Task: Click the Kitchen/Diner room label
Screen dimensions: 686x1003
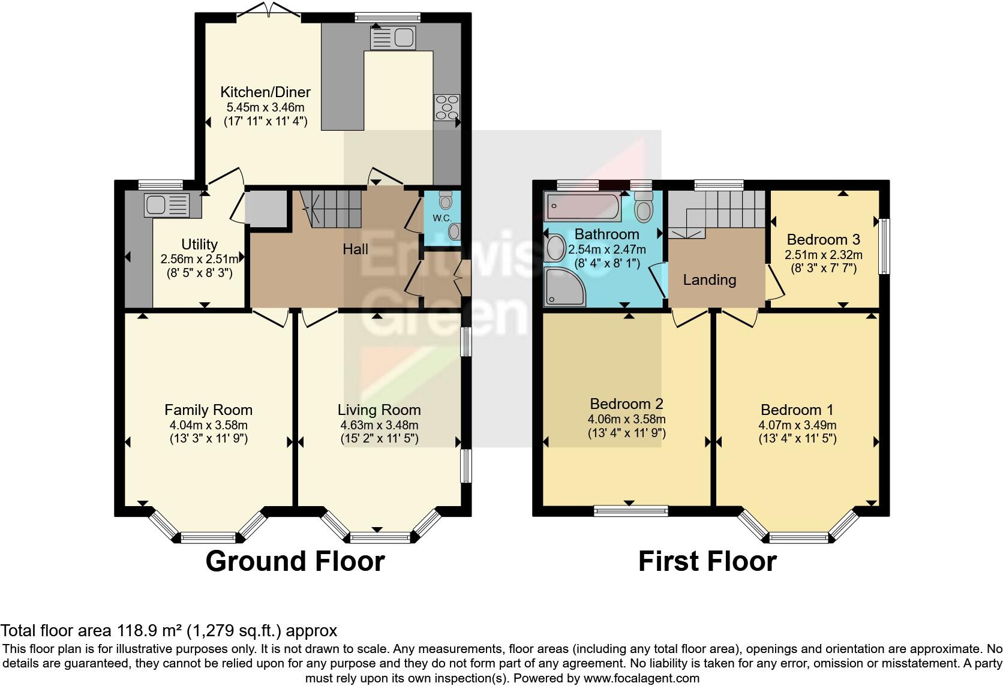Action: click(265, 92)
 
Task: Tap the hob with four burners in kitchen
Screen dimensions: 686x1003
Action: click(447, 107)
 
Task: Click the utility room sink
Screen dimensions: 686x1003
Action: click(166, 205)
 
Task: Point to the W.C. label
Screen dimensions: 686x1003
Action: click(442, 218)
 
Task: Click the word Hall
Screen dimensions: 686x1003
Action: click(355, 249)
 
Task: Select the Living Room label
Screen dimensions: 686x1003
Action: click(379, 410)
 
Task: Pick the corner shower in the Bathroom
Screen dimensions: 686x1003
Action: click(564, 286)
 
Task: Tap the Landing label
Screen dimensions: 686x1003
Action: click(710, 279)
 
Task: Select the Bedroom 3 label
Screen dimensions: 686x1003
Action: click(823, 239)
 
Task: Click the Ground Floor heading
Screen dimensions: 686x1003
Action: click(295, 561)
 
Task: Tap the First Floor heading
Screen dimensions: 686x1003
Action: click(707, 561)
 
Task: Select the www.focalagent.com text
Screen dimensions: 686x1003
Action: click(641, 679)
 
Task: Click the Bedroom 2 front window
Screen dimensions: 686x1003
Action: click(630, 510)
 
